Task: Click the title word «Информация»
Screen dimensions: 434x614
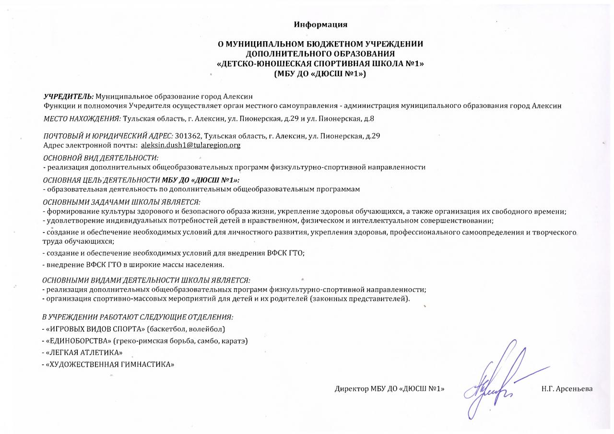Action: (320, 24)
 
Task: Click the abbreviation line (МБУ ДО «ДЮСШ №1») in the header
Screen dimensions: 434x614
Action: (320, 74)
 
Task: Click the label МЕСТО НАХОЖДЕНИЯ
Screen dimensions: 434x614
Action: (82, 117)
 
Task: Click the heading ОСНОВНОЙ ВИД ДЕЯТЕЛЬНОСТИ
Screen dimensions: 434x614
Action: (101, 158)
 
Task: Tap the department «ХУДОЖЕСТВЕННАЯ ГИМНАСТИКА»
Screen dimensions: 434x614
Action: (109, 364)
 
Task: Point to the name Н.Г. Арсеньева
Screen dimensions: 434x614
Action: (567, 388)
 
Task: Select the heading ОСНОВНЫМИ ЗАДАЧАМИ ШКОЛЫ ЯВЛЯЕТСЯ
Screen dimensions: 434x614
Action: (121, 202)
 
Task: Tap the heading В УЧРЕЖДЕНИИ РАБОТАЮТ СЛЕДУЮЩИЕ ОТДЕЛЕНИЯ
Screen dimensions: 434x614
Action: (138, 317)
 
